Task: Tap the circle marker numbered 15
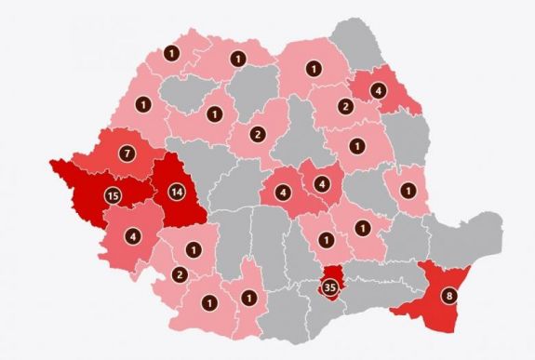pyautogui.click(x=114, y=195)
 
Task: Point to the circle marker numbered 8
pyautogui.click(x=450, y=298)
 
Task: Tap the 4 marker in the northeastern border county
pyautogui.click(x=378, y=90)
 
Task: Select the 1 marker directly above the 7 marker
pyautogui.click(x=142, y=103)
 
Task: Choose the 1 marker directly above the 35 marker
pyautogui.click(x=327, y=240)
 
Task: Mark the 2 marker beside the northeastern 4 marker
pyautogui.click(x=344, y=107)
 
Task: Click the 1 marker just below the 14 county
pyautogui.click(x=193, y=249)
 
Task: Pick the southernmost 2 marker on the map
pyautogui.click(x=179, y=273)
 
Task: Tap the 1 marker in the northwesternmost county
pyautogui.click(x=170, y=53)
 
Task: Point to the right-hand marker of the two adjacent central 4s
pyautogui.click(x=322, y=183)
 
